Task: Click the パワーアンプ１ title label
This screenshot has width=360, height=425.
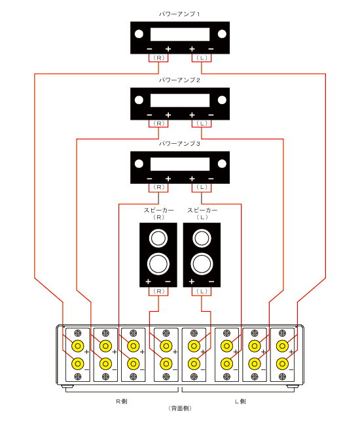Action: tap(180, 13)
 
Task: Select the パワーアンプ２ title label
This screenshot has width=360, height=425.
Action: tap(180, 79)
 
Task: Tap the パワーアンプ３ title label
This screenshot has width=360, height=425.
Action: tap(180, 143)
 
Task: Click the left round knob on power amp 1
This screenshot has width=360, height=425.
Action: tap(139, 34)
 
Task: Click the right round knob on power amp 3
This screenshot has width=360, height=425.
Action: tap(222, 163)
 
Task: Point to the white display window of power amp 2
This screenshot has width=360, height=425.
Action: tap(180, 99)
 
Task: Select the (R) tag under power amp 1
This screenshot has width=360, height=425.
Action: tap(158, 58)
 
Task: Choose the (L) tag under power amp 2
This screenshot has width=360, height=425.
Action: tap(202, 123)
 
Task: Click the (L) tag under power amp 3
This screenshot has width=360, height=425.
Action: tap(202, 187)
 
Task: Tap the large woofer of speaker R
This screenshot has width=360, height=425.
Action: tap(158, 263)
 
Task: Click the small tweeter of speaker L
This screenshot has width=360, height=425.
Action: tap(202, 237)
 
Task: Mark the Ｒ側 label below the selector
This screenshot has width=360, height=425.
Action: tap(121, 400)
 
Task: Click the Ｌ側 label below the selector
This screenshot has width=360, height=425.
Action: tap(240, 400)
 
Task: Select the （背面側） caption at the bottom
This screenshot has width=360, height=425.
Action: tap(180, 408)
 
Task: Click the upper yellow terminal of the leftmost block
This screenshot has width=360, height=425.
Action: tap(77, 345)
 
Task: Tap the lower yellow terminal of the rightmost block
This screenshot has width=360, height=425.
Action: tap(283, 363)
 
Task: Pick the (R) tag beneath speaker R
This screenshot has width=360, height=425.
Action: tap(158, 291)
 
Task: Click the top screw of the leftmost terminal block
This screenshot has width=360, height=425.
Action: tap(77, 333)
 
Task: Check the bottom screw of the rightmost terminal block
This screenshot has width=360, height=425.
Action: tap(283, 376)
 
